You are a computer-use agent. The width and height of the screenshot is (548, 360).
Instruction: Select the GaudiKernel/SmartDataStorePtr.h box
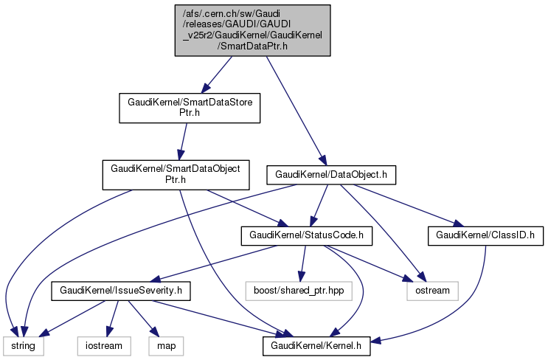pyautogui.click(x=186, y=108)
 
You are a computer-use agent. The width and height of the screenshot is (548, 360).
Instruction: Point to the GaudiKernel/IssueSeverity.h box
pyautogui.click(x=120, y=291)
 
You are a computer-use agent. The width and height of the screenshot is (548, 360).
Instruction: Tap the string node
pyautogui.click(x=24, y=345)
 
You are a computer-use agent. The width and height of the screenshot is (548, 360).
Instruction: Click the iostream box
pyautogui.click(x=103, y=345)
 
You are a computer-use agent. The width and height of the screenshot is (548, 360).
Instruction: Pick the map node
pyautogui.click(x=167, y=345)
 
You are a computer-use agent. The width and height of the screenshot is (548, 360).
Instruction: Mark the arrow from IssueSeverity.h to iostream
pyautogui.click(x=112, y=318)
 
